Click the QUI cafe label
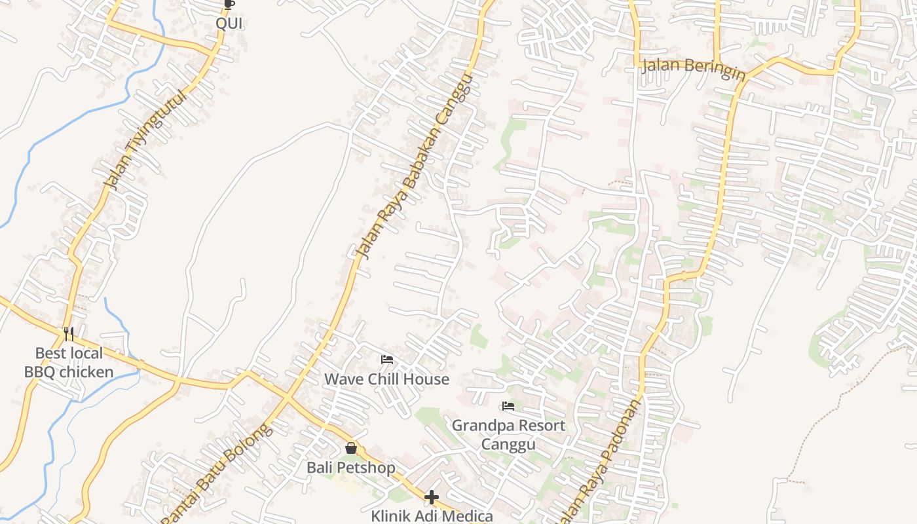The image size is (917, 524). coord(229,24)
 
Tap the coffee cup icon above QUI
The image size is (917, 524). coord(229,5)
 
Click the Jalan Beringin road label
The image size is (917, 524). coord(694,68)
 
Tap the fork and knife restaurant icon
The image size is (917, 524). coord(69,334)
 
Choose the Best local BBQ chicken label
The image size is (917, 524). coord(69,363)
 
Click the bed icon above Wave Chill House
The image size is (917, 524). coord(387,360)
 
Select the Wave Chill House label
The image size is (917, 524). coord(387,379)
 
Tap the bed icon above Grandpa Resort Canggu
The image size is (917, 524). coord(508,406)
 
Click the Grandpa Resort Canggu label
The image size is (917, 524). coord(508,434)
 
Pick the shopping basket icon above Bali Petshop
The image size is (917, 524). coord(351,448)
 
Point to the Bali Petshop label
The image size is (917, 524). coord(351,468)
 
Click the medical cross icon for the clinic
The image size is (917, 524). coord(431,498)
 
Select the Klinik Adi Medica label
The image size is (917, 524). coord(431,516)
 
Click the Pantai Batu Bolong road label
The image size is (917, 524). coord(216,475)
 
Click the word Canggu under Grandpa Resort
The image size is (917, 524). coord(508,444)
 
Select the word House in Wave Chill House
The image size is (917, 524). coord(426,379)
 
